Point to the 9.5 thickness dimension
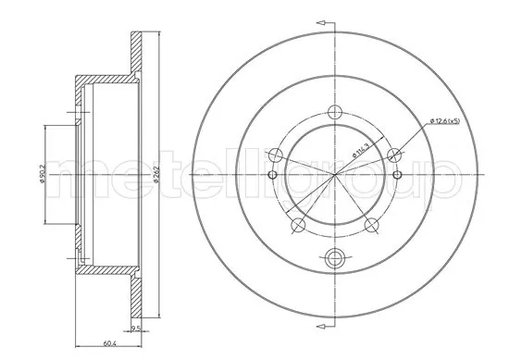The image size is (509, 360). (x=136, y=329)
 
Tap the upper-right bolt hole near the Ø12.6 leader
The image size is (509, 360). (x=393, y=154)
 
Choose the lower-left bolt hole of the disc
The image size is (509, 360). (x=297, y=224)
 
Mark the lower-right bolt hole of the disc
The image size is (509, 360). (x=370, y=224)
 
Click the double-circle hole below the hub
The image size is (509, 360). (x=333, y=259)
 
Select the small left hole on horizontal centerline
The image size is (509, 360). (x=270, y=175)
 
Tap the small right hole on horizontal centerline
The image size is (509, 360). (x=397, y=175)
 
